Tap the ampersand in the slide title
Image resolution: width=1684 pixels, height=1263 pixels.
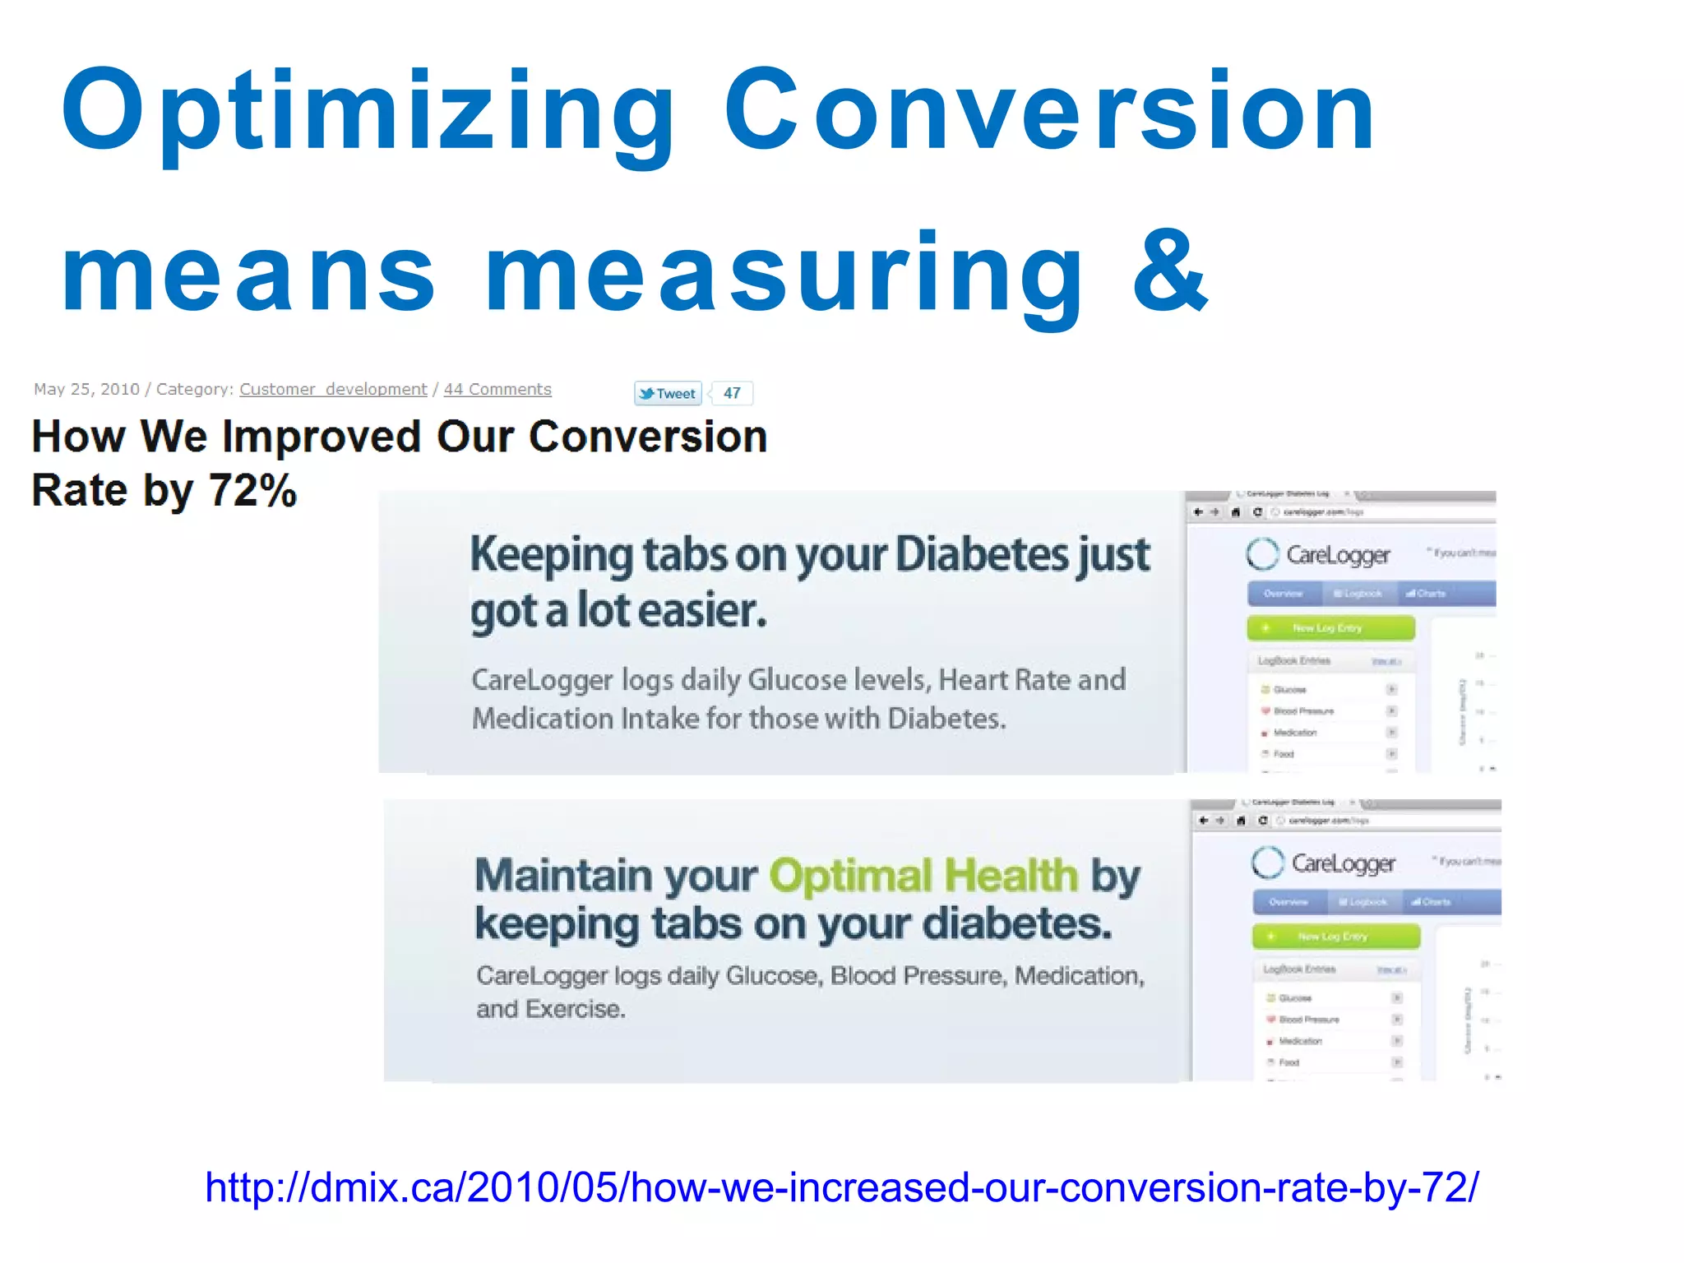1169,271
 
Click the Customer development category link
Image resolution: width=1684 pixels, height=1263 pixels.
333,389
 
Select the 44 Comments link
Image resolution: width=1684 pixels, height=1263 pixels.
497,389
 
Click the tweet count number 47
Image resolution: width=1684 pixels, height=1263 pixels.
732,393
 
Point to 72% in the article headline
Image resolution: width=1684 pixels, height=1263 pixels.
252,491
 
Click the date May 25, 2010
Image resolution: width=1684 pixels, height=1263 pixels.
86,389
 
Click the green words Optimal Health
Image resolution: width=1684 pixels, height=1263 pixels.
923,875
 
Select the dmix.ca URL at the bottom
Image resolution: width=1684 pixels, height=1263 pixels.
841,1187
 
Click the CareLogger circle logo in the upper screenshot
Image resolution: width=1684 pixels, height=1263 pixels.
1262,554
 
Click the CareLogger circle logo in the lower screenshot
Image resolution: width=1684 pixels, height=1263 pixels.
1267,863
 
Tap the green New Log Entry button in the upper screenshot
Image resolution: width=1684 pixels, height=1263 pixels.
1330,628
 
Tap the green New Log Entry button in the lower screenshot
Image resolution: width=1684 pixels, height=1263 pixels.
1335,937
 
